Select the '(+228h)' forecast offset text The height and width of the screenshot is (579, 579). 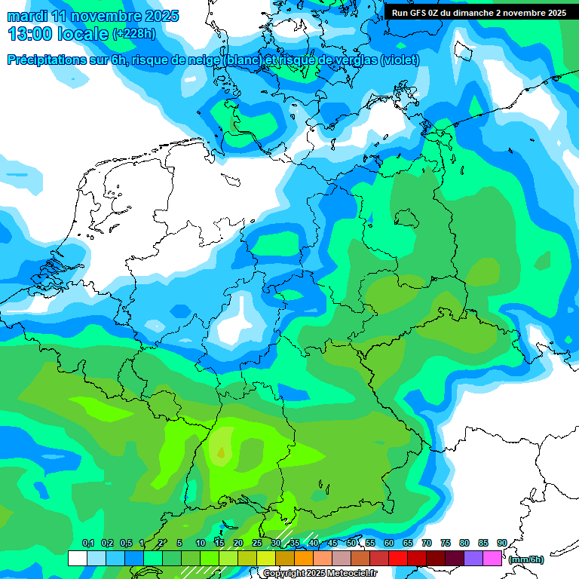135,34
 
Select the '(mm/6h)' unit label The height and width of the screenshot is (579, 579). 526,559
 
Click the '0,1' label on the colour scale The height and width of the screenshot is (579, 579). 88,544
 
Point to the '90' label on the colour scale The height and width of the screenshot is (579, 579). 501,544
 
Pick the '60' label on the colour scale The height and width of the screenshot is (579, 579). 389,544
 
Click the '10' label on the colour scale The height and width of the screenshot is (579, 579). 201,544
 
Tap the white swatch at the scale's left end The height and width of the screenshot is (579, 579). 77,558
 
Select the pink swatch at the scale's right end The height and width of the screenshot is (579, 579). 492,558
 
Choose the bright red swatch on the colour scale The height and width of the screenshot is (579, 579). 398,558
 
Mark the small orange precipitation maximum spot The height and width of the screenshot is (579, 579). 221,452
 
